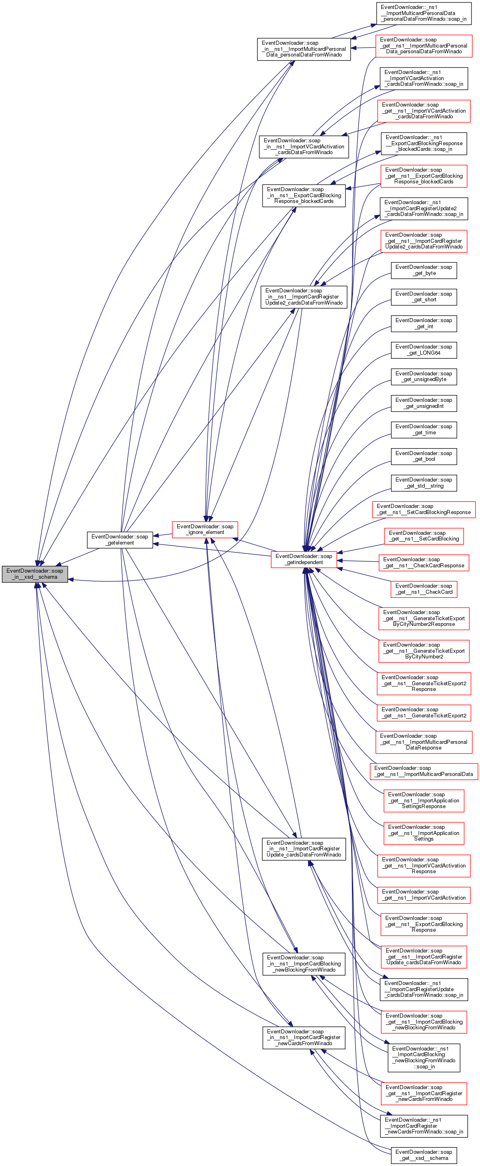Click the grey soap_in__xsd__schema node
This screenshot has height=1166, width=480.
pyautogui.click(x=35, y=573)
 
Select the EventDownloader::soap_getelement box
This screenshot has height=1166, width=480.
pyautogui.click(x=119, y=540)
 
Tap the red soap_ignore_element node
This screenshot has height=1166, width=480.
pyautogui.click(x=205, y=529)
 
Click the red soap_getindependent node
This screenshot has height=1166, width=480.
pyautogui.click(x=304, y=559)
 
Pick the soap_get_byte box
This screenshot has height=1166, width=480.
pyautogui.click(x=424, y=270)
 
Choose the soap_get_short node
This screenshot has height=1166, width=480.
pyautogui.click(x=424, y=297)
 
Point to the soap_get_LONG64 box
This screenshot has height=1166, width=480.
pyautogui.click(x=424, y=350)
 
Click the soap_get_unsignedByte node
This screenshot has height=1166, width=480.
pyautogui.click(x=424, y=377)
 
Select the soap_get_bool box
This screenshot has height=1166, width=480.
pyautogui.click(x=424, y=456)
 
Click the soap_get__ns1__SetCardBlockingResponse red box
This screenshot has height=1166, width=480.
pyautogui.click(x=424, y=509)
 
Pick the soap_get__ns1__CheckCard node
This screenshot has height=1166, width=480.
pyautogui.click(x=424, y=589)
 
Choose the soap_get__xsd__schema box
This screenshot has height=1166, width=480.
pyautogui.click(x=424, y=1155)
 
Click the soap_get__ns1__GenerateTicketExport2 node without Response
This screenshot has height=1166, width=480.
pyautogui.click(x=424, y=713)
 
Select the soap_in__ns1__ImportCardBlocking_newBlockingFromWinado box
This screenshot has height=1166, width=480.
pyautogui.click(x=304, y=964)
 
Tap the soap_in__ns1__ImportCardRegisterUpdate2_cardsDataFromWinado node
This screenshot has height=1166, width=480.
pyautogui.click(x=304, y=297)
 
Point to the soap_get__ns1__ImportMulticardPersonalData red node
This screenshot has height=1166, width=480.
pyautogui.click(x=424, y=771)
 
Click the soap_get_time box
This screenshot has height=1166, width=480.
pyautogui.click(x=424, y=429)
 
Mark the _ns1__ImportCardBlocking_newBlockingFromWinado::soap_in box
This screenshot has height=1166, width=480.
pyautogui.click(x=424, y=1057)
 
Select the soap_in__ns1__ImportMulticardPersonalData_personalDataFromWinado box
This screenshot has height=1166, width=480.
pyautogui.click(x=304, y=49)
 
